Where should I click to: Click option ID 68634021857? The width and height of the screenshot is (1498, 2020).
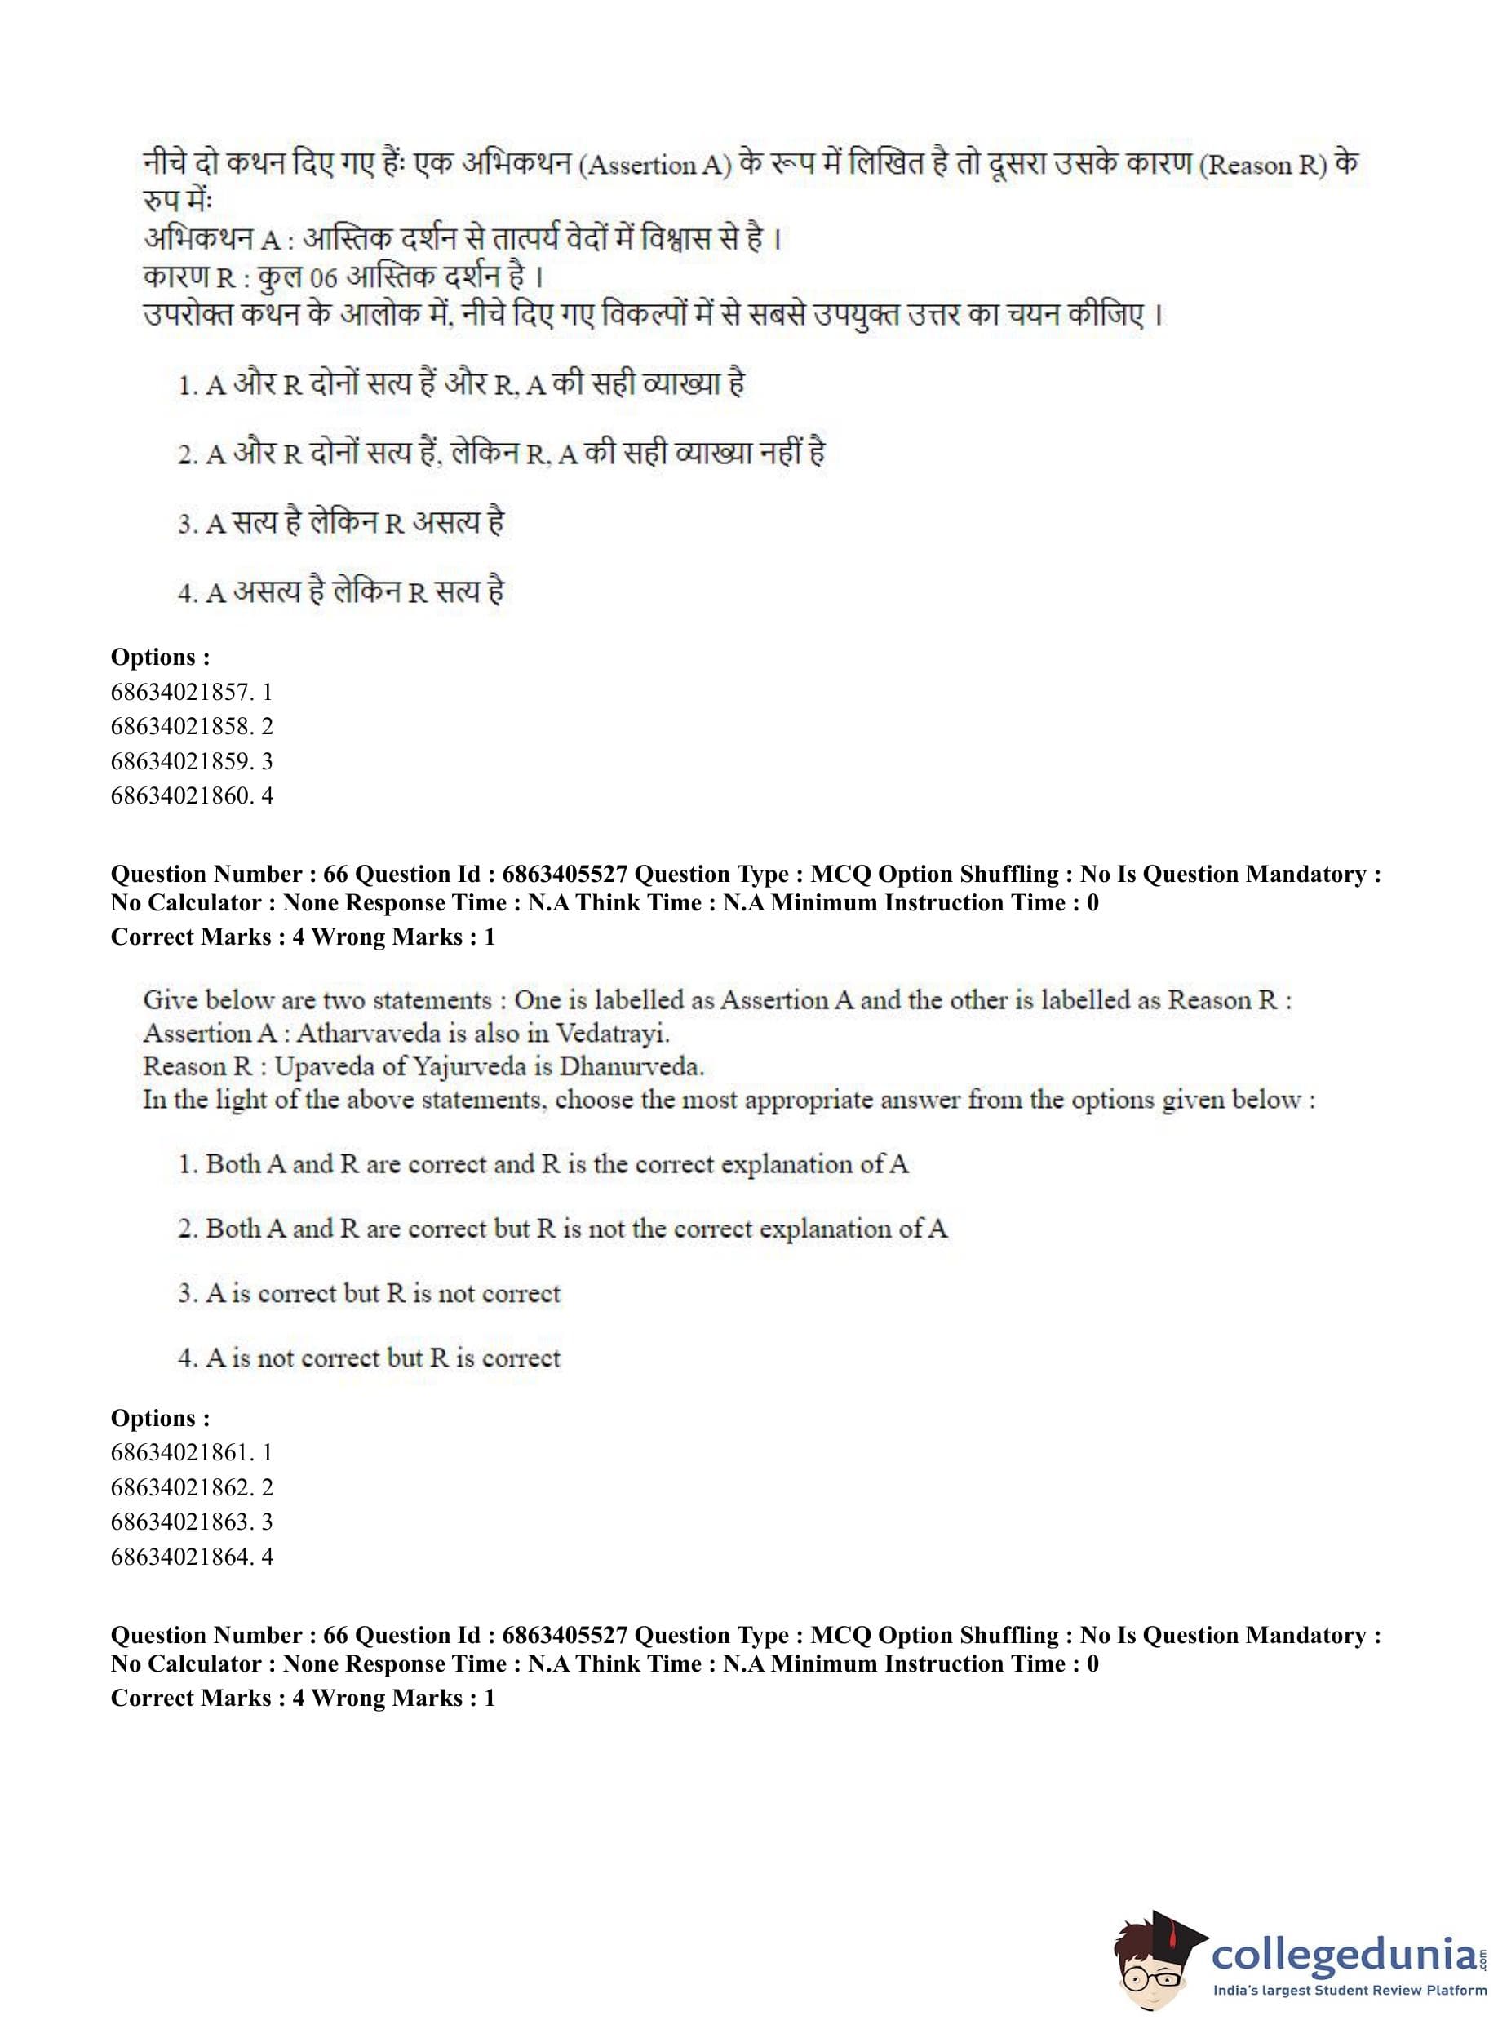click(192, 693)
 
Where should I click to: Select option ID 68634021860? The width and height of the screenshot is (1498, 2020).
click(192, 796)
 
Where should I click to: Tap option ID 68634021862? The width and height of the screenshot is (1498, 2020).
click(192, 1488)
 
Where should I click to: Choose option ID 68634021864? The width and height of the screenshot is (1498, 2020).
click(192, 1557)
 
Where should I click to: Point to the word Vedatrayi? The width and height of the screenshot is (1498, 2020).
click(612, 1034)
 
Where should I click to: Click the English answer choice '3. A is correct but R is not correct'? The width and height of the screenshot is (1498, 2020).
click(369, 1293)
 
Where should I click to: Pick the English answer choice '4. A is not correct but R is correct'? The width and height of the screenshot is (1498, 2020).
click(369, 1358)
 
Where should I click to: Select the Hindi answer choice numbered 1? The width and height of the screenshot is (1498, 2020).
click(462, 384)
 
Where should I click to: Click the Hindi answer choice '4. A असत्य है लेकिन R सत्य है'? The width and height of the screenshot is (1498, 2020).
click(341, 592)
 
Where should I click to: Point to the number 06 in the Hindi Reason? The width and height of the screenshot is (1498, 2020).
click(323, 277)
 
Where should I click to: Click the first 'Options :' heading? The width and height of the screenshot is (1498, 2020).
click(161, 657)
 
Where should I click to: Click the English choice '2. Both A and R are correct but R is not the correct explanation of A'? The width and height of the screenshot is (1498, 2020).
click(562, 1229)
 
